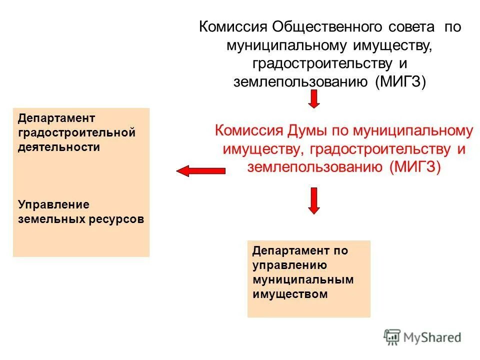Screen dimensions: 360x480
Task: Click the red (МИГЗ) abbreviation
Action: pyautogui.click(x=414, y=167)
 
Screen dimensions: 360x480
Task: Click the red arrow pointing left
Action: pyautogui.click(x=200, y=171)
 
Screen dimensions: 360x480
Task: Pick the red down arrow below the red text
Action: pyautogui.click(x=313, y=200)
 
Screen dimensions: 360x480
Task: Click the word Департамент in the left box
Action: pyautogui.click(x=56, y=118)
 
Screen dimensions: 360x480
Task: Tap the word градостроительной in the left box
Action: pyautogui.click(x=77, y=133)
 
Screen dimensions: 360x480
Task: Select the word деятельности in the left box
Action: pyautogui.click(x=59, y=147)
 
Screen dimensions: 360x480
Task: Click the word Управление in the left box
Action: pyautogui.click(x=53, y=204)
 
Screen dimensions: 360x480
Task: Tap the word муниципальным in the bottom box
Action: pyautogui.click(x=303, y=279)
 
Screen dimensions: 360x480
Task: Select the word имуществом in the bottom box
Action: pyautogui.click(x=290, y=294)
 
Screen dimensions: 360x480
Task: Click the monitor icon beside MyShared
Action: pyautogui.click(x=392, y=337)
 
